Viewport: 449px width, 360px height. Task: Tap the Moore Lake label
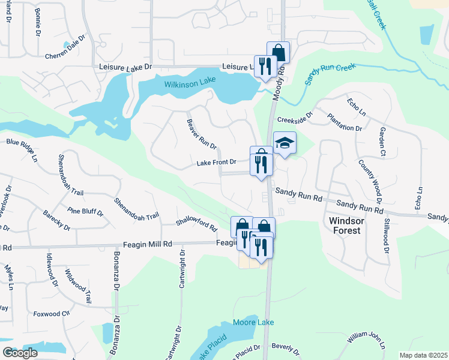(x=253, y=322)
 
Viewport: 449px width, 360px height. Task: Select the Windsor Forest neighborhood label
(x=345, y=226)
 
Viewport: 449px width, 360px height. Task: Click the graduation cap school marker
(x=285, y=143)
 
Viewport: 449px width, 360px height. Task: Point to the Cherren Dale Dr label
(x=66, y=54)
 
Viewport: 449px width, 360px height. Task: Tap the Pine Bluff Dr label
(x=86, y=211)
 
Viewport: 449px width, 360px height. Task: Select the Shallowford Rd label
(x=196, y=224)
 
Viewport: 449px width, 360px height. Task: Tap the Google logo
(x=20, y=353)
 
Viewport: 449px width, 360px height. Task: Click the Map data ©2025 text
(x=423, y=355)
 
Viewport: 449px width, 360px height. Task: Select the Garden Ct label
(x=382, y=142)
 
